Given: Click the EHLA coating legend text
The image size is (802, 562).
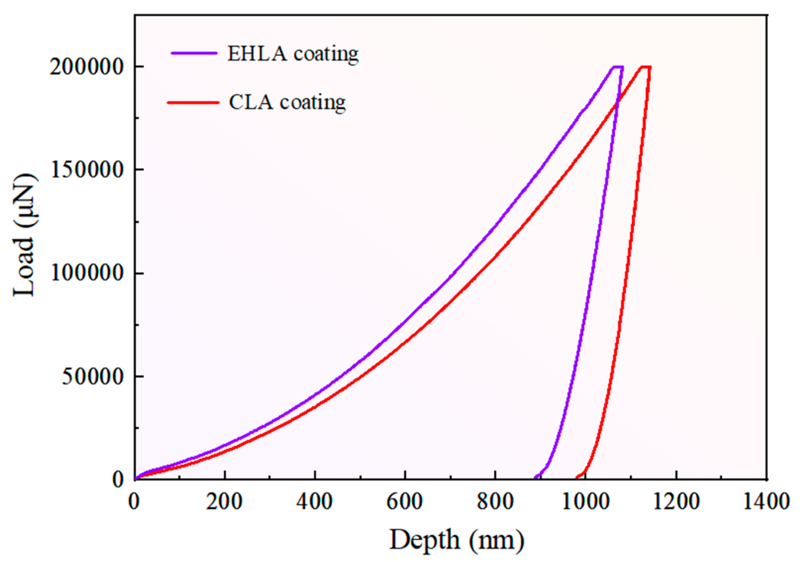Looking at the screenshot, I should [293, 54].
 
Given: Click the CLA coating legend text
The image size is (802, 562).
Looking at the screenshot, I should [287, 102].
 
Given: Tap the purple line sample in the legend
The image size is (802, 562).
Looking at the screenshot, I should [194, 53].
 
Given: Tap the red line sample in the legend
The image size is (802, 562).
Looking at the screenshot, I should [193, 102].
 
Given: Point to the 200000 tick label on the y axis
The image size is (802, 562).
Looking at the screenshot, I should [87, 67].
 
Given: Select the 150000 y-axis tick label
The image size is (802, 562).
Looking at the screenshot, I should [87, 170].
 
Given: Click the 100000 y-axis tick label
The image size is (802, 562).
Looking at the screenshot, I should [87, 273].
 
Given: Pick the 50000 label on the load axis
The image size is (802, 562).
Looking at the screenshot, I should [93, 376].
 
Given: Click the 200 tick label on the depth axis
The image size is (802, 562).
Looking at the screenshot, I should [224, 501].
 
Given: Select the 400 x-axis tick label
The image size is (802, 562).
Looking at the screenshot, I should [314, 501].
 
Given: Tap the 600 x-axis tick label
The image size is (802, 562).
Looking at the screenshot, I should [405, 501].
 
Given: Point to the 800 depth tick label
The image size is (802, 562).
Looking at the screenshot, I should [495, 501].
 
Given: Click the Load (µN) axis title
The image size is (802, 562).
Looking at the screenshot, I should [25, 235].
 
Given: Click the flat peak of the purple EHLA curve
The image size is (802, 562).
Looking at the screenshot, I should [618, 67].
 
